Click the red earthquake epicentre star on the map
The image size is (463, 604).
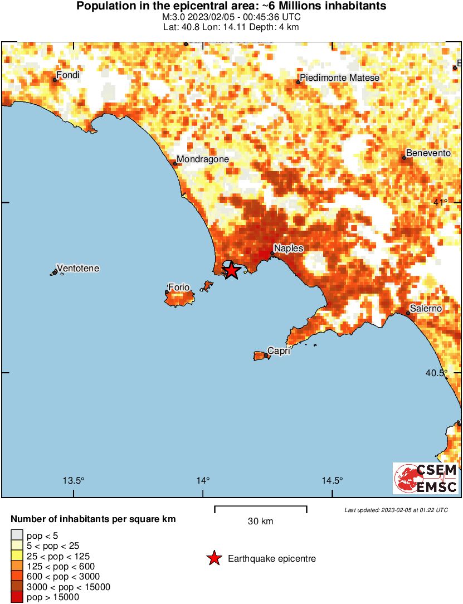tap(231, 271)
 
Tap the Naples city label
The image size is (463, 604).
tap(289, 249)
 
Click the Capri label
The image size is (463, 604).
tap(279, 351)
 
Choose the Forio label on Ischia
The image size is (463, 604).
tap(179, 288)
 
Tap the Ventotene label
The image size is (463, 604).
tap(79, 269)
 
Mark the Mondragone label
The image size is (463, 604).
tap(203, 159)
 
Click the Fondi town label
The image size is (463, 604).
tap(68, 75)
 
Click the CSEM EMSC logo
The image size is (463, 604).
tap(426, 478)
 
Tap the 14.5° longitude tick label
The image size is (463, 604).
tap(333, 481)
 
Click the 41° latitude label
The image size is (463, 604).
tap(441, 202)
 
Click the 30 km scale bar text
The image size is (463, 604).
tap(260, 522)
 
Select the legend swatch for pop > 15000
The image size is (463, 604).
tap(17, 597)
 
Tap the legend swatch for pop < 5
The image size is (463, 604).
tap(17, 536)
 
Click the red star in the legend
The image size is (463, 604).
tap(213, 558)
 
